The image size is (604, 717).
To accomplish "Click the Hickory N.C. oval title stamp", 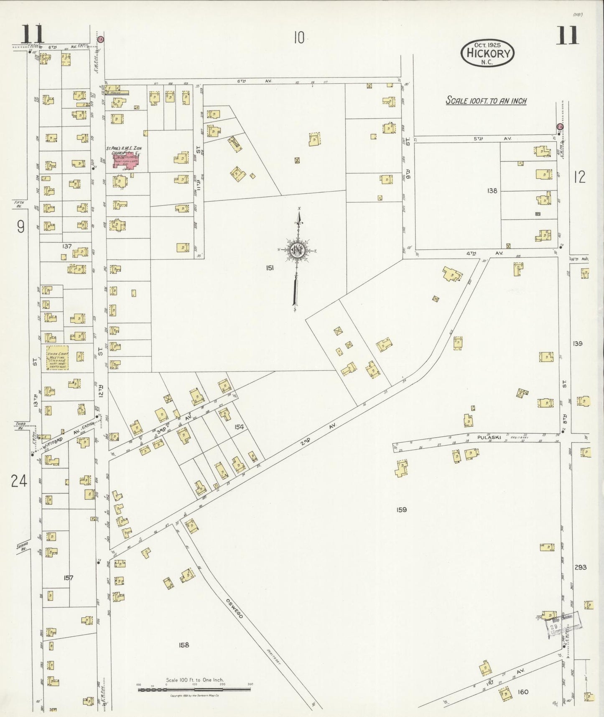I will [487, 53].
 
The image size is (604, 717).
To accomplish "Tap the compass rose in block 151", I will [298, 251].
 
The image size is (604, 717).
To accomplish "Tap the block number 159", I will [401, 510].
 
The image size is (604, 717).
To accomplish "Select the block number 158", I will [184, 645].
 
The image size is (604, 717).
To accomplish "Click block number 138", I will [492, 191].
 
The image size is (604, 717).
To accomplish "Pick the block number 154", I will [239, 427].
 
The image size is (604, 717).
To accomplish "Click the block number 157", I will [69, 578].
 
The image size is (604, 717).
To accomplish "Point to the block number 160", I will [522, 691].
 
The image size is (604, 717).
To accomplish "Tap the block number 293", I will [580, 567].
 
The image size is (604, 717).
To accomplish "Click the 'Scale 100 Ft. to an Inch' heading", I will [486, 101].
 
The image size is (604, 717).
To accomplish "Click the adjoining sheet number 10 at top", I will [298, 38].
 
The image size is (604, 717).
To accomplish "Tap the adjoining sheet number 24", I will [19, 481].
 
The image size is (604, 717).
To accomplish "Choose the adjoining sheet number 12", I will [579, 177].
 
